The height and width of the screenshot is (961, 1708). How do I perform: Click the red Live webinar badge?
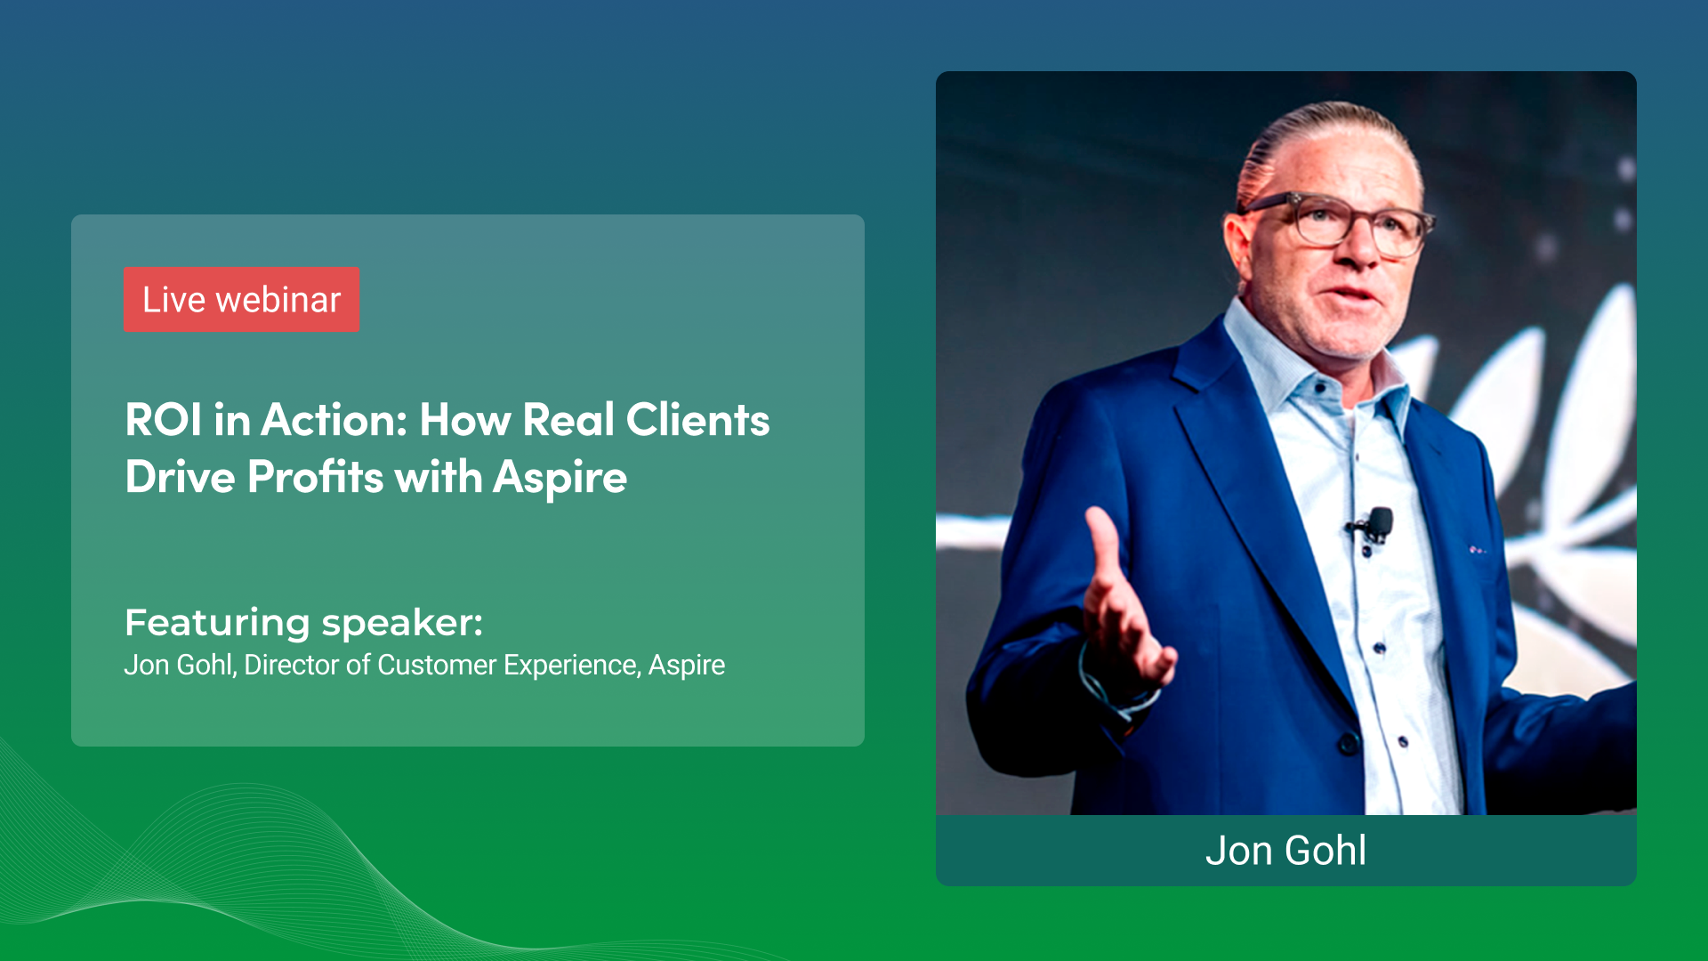(x=241, y=300)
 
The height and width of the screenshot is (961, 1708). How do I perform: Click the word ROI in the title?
(x=164, y=420)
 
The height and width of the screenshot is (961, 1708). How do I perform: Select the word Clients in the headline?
(x=697, y=420)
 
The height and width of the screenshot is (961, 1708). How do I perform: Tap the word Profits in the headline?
(x=315, y=477)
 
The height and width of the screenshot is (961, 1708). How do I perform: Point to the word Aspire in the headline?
(x=560, y=479)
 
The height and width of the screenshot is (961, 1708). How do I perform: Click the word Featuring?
(x=217, y=623)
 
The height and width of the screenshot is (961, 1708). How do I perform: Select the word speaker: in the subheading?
(x=402, y=623)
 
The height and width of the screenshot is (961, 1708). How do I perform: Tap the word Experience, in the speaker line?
(x=571, y=665)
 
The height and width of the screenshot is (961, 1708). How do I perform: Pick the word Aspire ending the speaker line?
(x=686, y=665)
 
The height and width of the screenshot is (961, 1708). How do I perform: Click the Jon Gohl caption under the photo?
(x=1285, y=851)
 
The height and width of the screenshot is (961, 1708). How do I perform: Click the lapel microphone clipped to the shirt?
(x=1379, y=523)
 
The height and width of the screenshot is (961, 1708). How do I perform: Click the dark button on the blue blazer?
(x=1349, y=742)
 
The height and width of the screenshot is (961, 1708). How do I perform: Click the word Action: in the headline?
(x=334, y=420)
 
